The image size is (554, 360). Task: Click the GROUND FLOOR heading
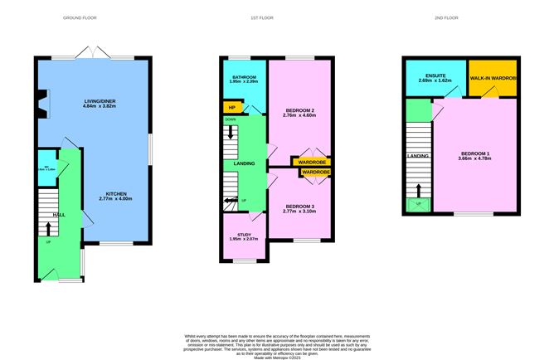[90, 17]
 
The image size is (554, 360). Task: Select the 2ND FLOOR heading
[457, 17]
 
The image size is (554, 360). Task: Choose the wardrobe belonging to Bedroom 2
[312, 162]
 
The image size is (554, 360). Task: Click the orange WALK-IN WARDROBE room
[492, 78]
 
